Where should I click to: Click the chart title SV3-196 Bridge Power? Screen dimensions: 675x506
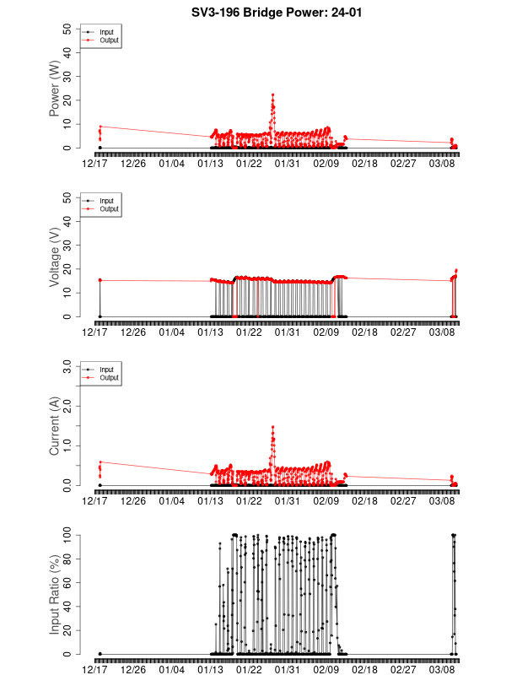[x=253, y=13]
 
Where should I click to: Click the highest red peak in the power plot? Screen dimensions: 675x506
[x=272, y=94]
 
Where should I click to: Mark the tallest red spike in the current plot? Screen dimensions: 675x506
[x=272, y=427]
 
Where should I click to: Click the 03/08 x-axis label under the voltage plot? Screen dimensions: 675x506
[x=443, y=332]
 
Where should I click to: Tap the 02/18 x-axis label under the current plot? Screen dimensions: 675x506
[x=365, y=500]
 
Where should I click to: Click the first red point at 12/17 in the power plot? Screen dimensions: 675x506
[x=100, y=127]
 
